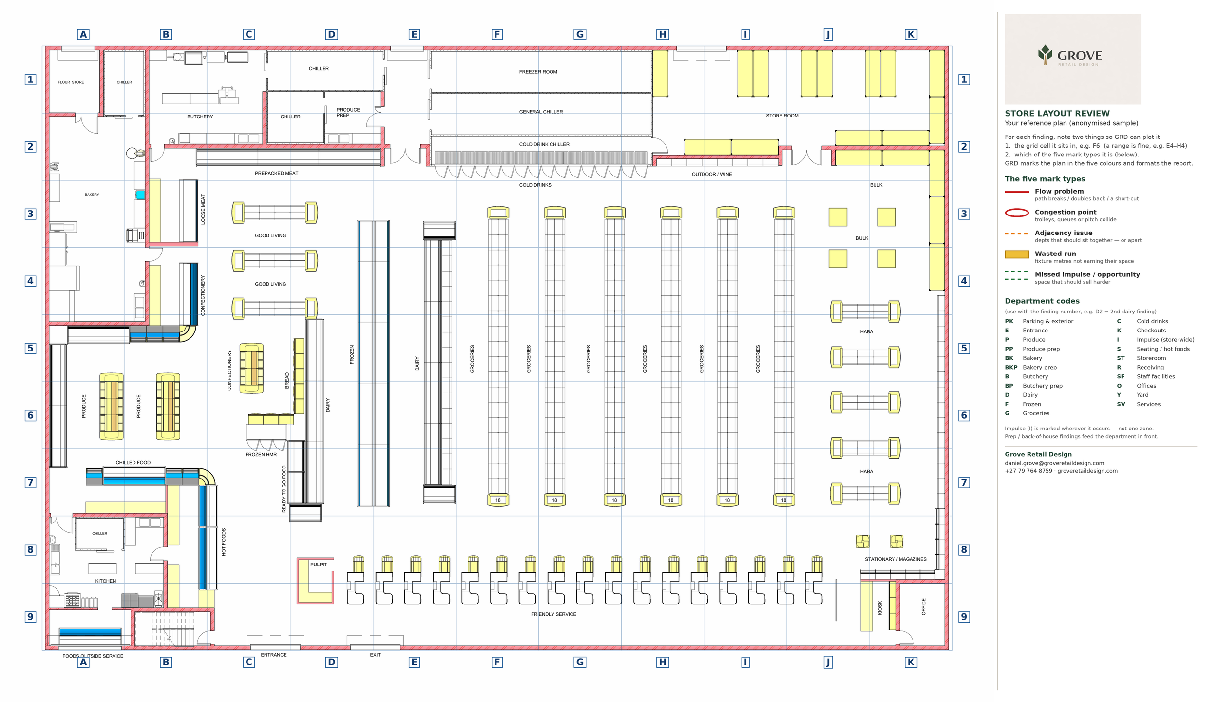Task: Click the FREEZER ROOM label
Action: pos(538,72)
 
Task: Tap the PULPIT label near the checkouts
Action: pos(319,565)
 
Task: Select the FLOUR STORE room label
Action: pos(71,82)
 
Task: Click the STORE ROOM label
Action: pos(782,116)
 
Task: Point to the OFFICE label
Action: pos(923,606)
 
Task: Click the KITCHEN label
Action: pos(106,581)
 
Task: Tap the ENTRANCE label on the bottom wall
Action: pos(274,655)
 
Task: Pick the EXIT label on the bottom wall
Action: pos(375,655)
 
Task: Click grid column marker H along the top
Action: pos(663,35)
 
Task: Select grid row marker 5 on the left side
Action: pos(30,348)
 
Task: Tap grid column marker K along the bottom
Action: pos(911,662)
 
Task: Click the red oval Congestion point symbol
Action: pos(1017,213)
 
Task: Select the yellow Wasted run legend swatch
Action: pos(1017,254)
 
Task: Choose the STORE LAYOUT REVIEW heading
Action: pos(1057,114)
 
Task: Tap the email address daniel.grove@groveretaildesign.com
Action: pos(1054,463)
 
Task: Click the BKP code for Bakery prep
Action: pos(1011,368)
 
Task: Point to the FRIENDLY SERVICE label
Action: pos(553,614)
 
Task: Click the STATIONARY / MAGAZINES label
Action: pos(895,559)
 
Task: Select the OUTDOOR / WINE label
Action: pos(712,174)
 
